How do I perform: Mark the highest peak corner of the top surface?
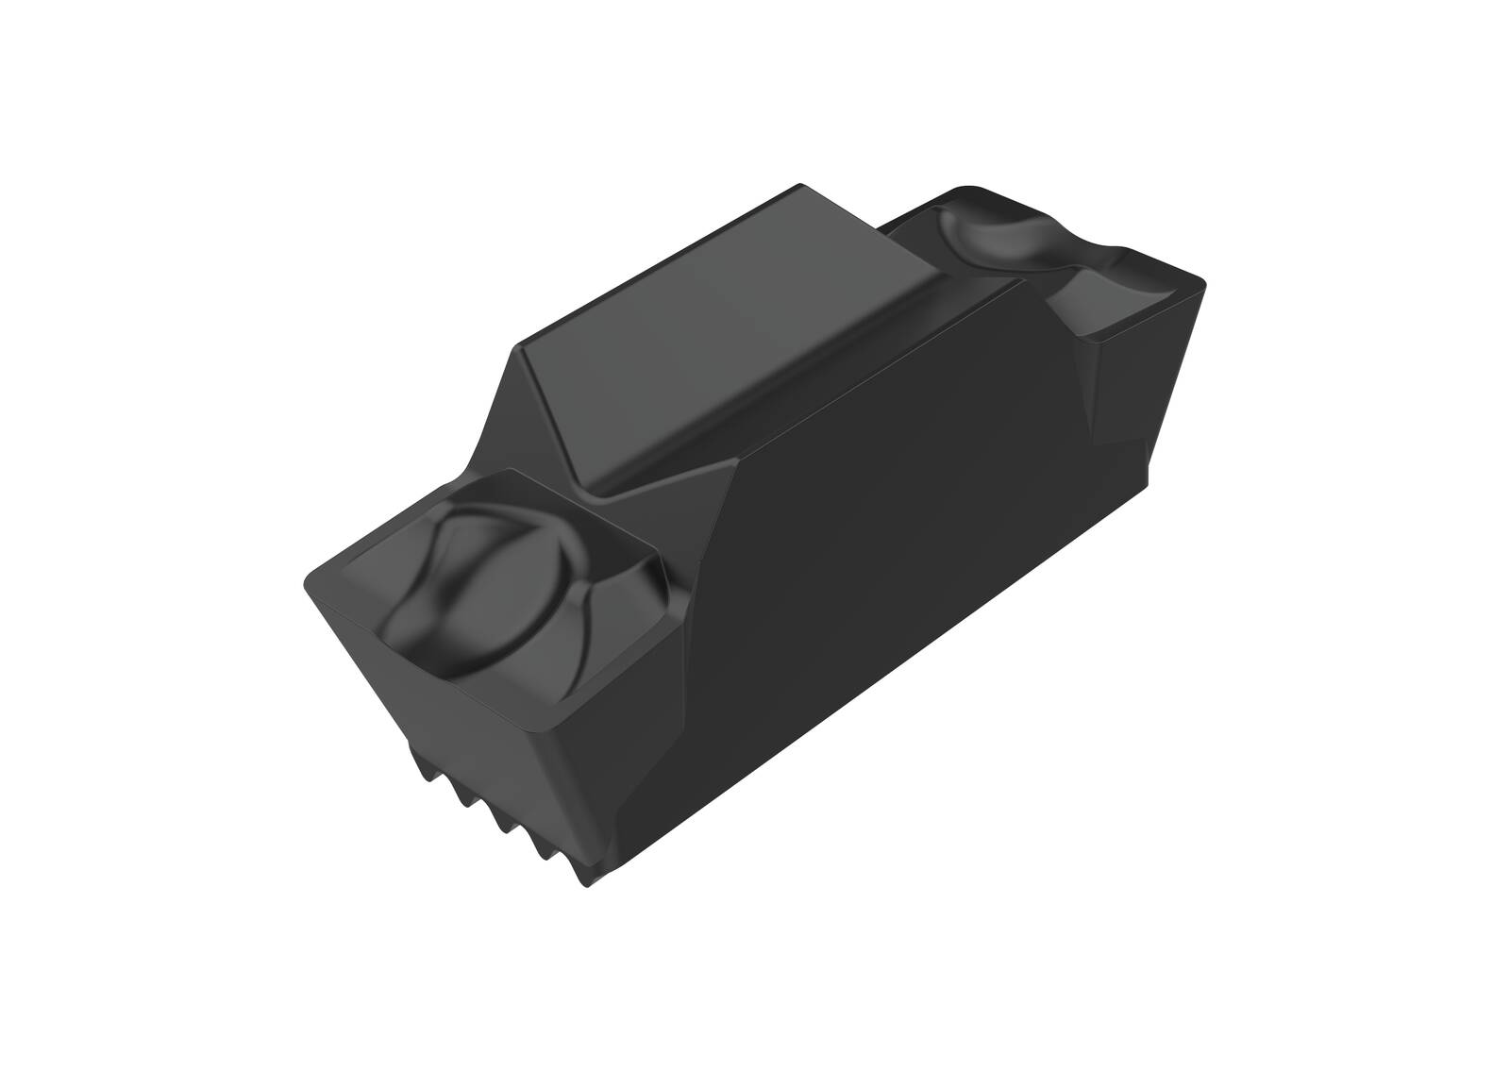pos(800,186)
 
